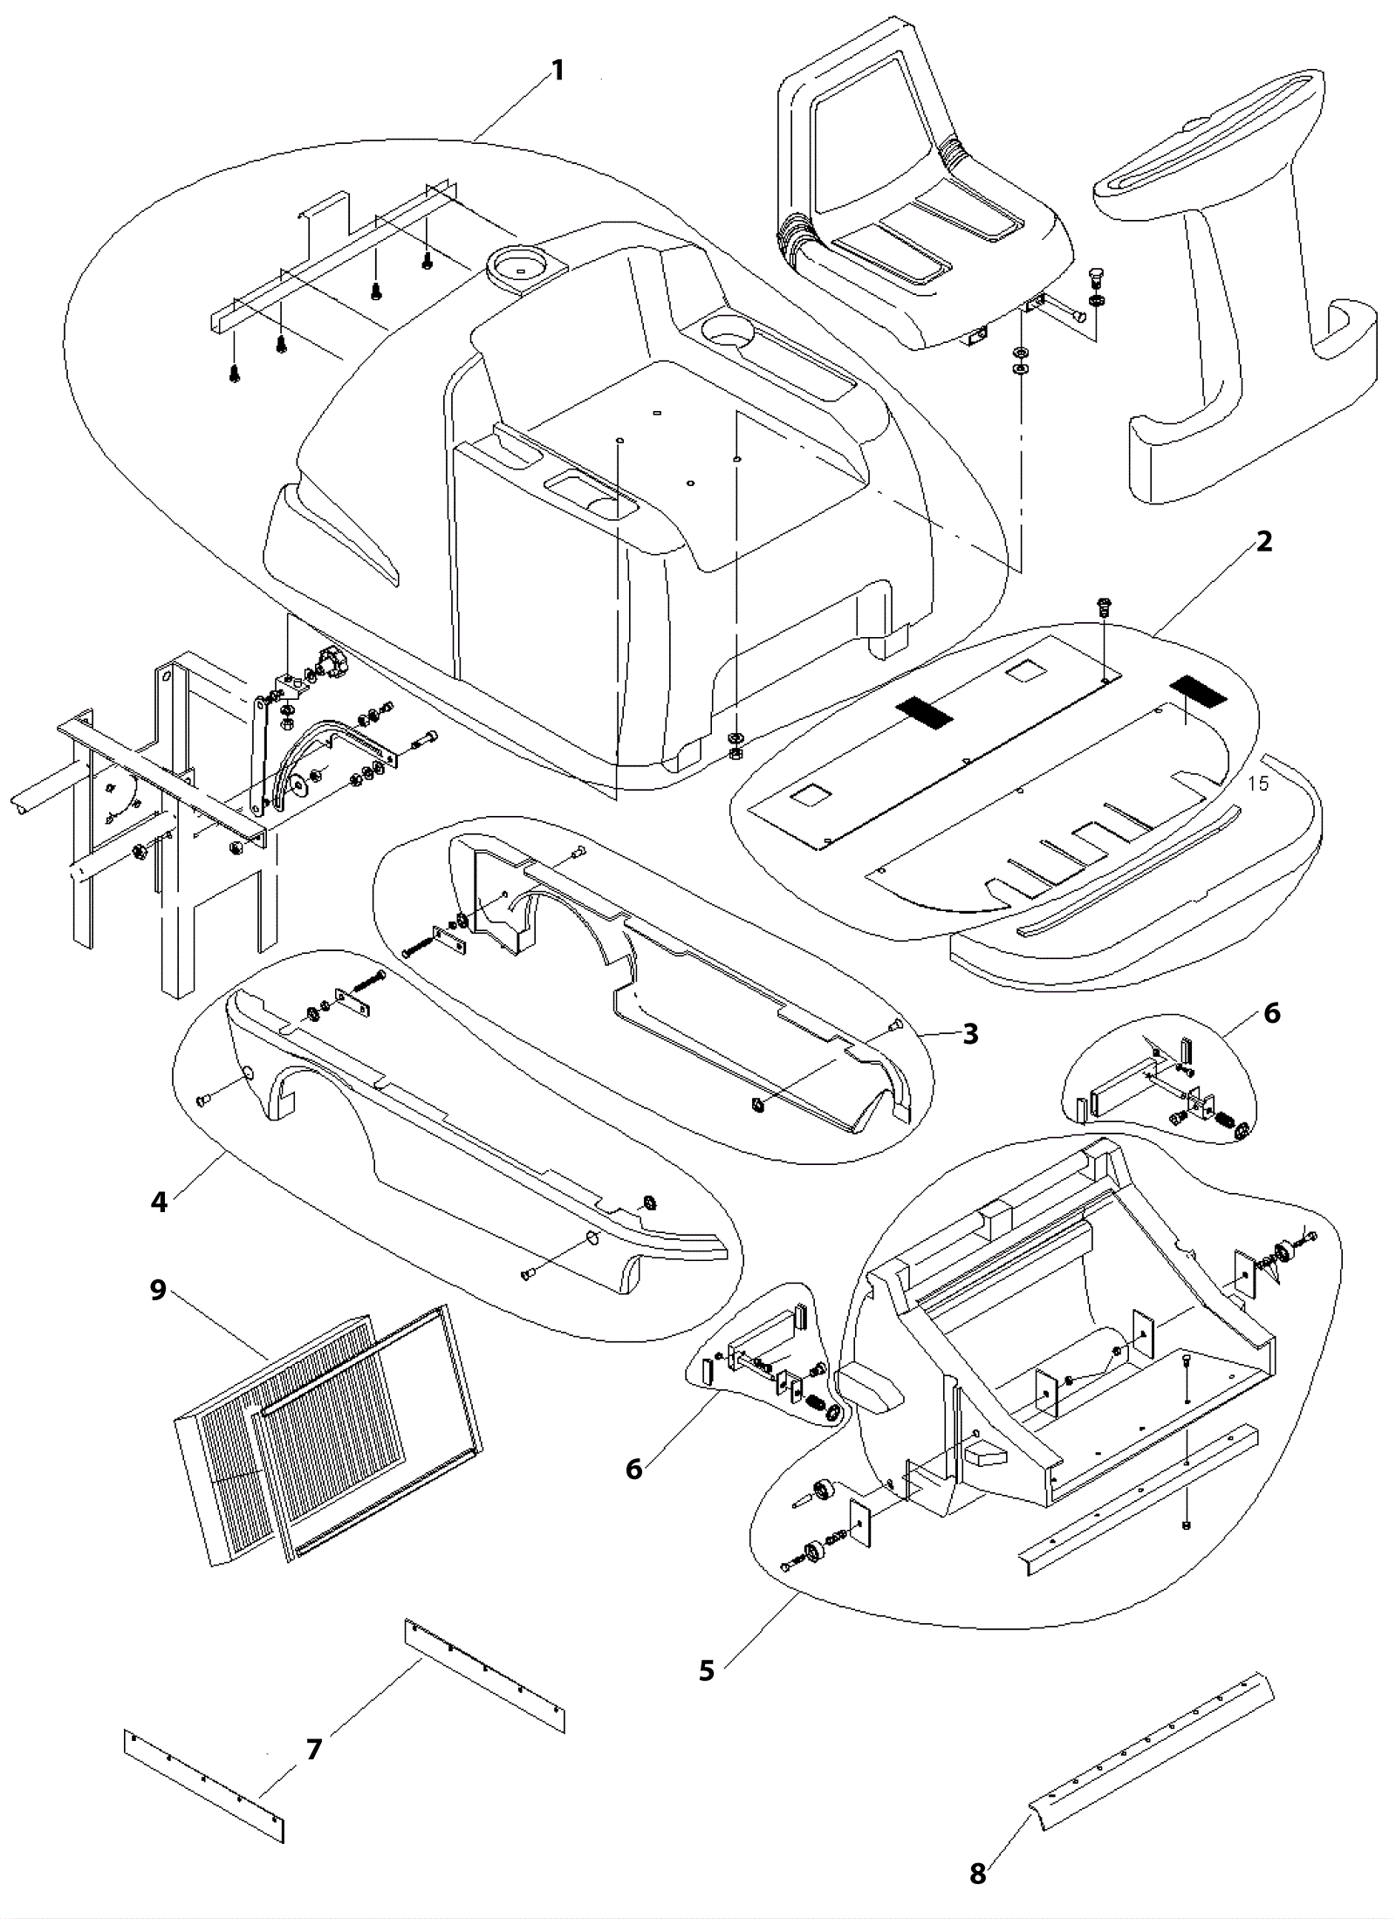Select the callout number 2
[1264, 542]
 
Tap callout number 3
[970, 1034]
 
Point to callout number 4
[159, 1202]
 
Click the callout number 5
[707, 1671]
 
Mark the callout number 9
[158, 1290]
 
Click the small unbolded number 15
[1258, 784]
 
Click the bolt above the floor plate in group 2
[1103, 606]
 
